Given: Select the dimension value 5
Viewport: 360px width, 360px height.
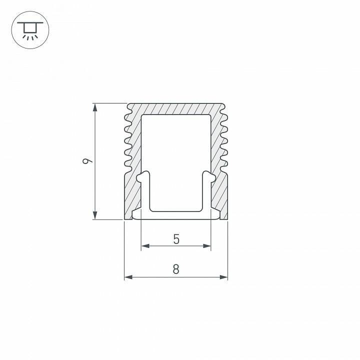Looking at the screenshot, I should [176, 239].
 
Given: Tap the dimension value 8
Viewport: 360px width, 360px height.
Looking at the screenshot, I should [176, 269].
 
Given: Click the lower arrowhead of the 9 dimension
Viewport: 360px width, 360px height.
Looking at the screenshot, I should [94, 215].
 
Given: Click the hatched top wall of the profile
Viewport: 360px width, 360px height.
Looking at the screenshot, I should [176, 109].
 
